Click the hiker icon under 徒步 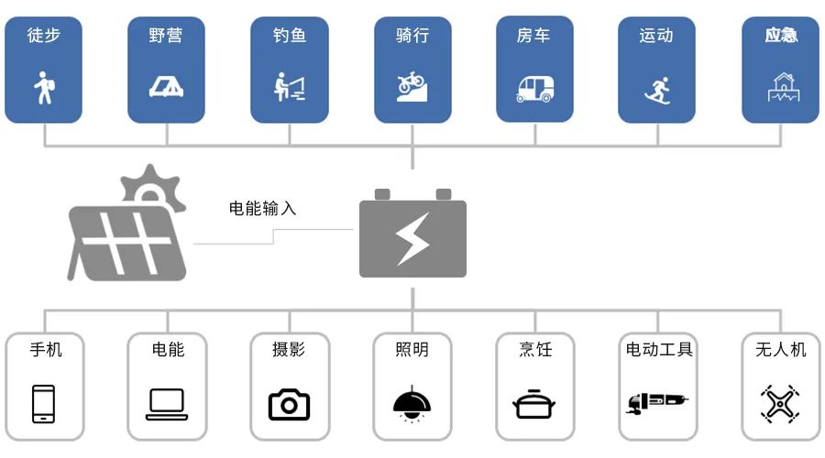click(43, 89)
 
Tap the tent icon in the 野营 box click(166, 86)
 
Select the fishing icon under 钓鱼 click(289, 86)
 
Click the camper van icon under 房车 click(534, 88)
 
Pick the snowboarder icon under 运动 click(656, 89)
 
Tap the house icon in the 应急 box click(781, 87)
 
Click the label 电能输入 click(262, 208)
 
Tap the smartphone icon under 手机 click(43, 404)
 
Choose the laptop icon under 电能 click(167, 404)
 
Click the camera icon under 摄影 click(289, 404)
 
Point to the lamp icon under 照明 click(412, 404)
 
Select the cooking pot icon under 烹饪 click(534, 404)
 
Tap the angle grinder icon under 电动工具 click(656, 402)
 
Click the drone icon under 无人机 click(780, 403)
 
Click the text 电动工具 click(658, 349)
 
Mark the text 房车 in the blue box click(533, 36)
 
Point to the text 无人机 click(781, 349)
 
